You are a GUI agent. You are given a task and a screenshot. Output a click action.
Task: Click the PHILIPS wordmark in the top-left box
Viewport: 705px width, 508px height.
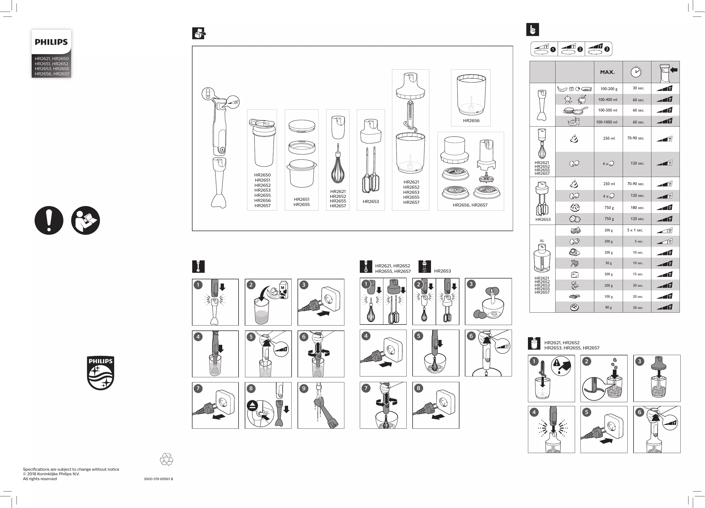[51, 42]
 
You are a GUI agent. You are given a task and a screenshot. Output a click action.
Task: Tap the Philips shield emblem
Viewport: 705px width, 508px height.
[100, 373]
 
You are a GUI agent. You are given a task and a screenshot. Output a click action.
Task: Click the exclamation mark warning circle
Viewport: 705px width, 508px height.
[49, 220]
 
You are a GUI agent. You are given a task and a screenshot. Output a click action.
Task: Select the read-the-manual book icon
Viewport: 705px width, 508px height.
[86, 220]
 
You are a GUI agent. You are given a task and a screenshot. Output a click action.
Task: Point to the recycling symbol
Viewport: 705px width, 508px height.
[166, 459]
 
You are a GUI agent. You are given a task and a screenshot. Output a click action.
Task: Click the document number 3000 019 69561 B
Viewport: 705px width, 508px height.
[158, 479]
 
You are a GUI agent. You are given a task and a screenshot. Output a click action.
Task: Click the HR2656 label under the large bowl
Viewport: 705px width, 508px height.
[471, 120]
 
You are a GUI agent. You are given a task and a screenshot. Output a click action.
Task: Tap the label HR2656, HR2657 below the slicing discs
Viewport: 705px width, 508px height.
[470, 205]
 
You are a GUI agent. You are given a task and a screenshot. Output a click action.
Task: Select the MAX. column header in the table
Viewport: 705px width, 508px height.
[607, 72]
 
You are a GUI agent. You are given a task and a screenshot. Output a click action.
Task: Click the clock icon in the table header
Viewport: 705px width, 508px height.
[636, 72]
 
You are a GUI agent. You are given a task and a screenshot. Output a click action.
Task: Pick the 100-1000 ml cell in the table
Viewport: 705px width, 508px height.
[606, 122]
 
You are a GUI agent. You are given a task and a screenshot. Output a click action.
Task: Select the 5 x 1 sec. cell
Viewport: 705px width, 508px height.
[635, 230]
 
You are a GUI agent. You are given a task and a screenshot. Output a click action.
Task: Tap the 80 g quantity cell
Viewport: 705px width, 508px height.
[608, 308]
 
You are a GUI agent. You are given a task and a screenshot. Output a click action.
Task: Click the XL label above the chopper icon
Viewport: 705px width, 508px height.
[542, 241]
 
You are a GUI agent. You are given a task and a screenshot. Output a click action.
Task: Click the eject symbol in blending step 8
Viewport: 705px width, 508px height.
[252, 406]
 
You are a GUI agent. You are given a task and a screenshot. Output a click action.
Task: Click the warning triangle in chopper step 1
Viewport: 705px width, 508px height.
[556, 363]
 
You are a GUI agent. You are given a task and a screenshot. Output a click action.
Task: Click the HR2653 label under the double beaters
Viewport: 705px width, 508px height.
[371, 201]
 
